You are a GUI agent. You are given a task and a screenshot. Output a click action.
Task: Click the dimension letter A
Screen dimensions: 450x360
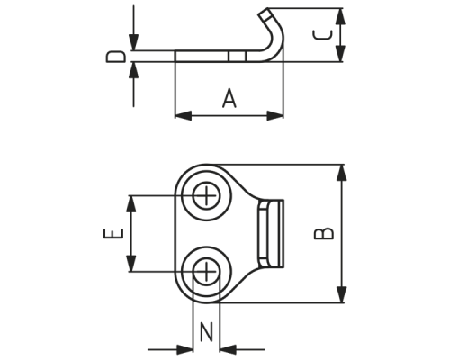(x=229, y=98)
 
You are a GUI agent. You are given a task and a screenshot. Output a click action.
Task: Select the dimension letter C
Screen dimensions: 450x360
(x=323, y=35)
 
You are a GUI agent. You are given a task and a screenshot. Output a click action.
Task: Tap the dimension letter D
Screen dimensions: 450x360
(x=115, y=57)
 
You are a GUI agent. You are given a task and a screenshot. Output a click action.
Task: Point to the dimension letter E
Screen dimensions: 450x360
(x=113, y=233)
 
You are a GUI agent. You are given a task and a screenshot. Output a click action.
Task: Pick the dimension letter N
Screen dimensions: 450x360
(x=206, y=332)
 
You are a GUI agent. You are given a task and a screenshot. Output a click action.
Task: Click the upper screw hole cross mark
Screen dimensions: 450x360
(x=206, y=195)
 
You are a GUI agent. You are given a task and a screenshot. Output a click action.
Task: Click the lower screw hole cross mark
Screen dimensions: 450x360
(x=206, y=272)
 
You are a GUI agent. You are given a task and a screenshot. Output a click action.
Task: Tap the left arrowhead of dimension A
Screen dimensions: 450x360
(x=184, y=115)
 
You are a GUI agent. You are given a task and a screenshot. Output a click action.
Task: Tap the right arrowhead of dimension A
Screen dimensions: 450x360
(x=274, y=115)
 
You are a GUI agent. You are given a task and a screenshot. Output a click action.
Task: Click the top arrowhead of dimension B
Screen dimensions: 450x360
(x=341, y=173)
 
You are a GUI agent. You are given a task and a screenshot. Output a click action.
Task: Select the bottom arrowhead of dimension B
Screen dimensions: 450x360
(x=341, y=294)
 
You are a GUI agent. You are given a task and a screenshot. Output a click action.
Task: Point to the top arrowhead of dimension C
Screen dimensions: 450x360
(x=340, y=16)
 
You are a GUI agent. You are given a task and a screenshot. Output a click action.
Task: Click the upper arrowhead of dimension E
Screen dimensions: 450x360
(x=130, y=204)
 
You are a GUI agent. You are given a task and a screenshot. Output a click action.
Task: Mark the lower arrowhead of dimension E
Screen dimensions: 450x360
(x=130, y=264)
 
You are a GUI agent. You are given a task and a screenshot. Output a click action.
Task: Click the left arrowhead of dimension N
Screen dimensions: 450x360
(x=185, y=349)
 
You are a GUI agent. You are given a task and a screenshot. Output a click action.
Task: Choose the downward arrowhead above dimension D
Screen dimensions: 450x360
(x=134, y=42)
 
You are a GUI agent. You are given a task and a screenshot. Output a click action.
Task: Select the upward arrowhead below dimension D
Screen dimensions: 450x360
(x=134, y=70)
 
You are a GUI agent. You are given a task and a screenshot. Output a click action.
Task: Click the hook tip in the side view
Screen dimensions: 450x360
(x=265, y=13)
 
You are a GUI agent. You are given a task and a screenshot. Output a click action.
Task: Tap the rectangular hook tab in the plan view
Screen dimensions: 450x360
(x=271, y=234)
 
